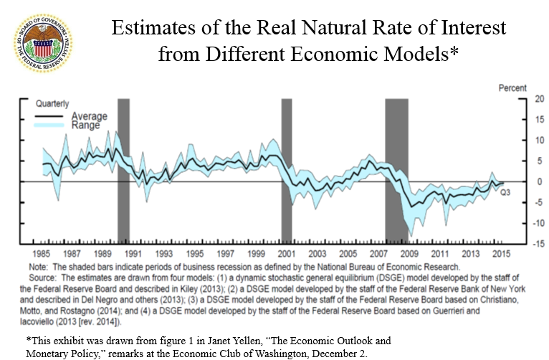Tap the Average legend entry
(90, 116)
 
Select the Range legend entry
(86, 125)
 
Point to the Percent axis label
(512, 87)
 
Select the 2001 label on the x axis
(286, 255)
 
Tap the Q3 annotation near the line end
(505, 192)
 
